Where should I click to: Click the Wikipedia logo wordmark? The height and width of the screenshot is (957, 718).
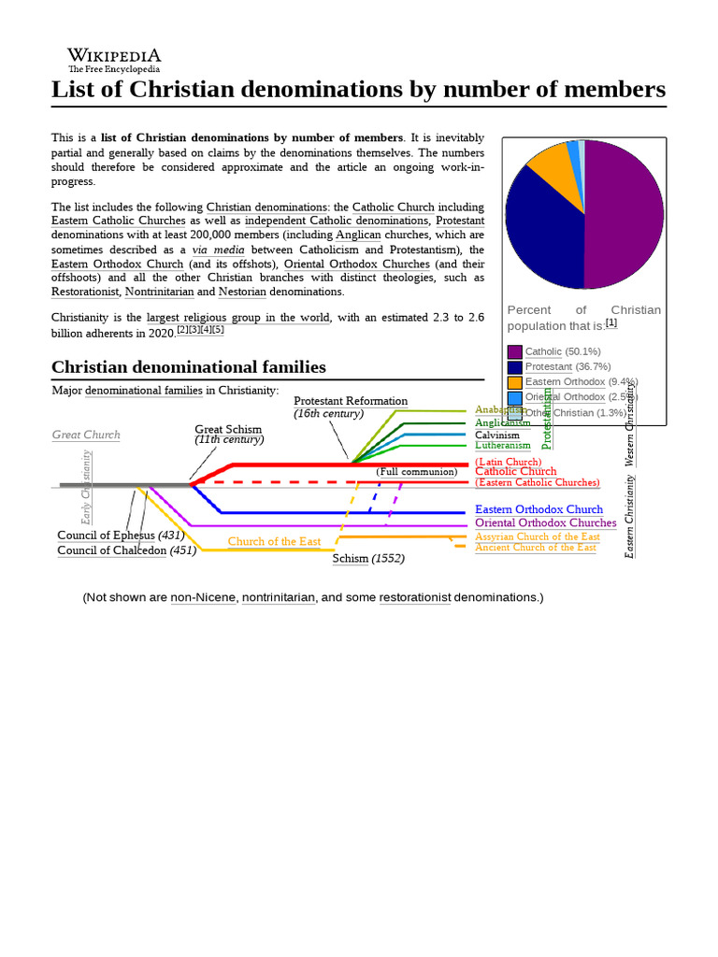click(114, 56)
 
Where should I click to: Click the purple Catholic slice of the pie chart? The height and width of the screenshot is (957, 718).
click(624, 215)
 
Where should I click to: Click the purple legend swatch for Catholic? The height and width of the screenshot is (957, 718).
click(514, 351)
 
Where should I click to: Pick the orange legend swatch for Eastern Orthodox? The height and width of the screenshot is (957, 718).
click(514, 382)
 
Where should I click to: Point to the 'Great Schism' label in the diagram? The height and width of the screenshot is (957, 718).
click(228, 429)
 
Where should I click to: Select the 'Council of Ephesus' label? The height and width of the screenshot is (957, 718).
click(107, 536)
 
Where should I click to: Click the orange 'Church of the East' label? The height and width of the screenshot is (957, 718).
click(274, 542)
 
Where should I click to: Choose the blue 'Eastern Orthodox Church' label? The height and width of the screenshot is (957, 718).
click(538, 509)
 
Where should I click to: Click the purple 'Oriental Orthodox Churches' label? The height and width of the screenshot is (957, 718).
click(545, 523)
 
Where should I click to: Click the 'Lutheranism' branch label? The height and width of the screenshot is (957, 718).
click(502, 446)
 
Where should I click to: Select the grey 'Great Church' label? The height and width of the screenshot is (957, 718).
click(86, 435)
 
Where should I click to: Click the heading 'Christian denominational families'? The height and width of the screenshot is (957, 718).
click(188, 367)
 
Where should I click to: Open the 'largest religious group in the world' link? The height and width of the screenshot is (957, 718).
click(237, 318)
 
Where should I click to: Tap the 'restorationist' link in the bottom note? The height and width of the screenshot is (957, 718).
click(414, 597)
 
